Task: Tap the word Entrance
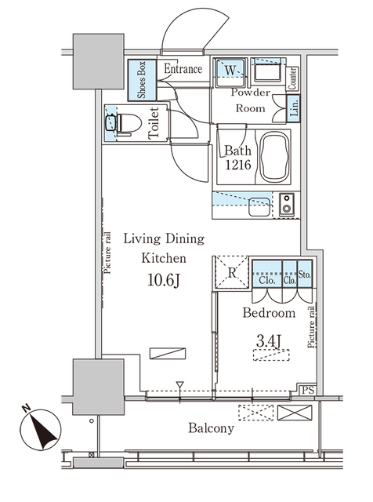click(x=183, y=69)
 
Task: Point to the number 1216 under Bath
click(x=237, y=166)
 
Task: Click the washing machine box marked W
click(x=231, y=70)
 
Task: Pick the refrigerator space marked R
click(x=233, y=272)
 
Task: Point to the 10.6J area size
click(x=164, y=279)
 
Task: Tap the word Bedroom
click(x=269, y=313)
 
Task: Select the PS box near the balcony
click(x=310, y=390)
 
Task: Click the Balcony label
click(x=210, y=429)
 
